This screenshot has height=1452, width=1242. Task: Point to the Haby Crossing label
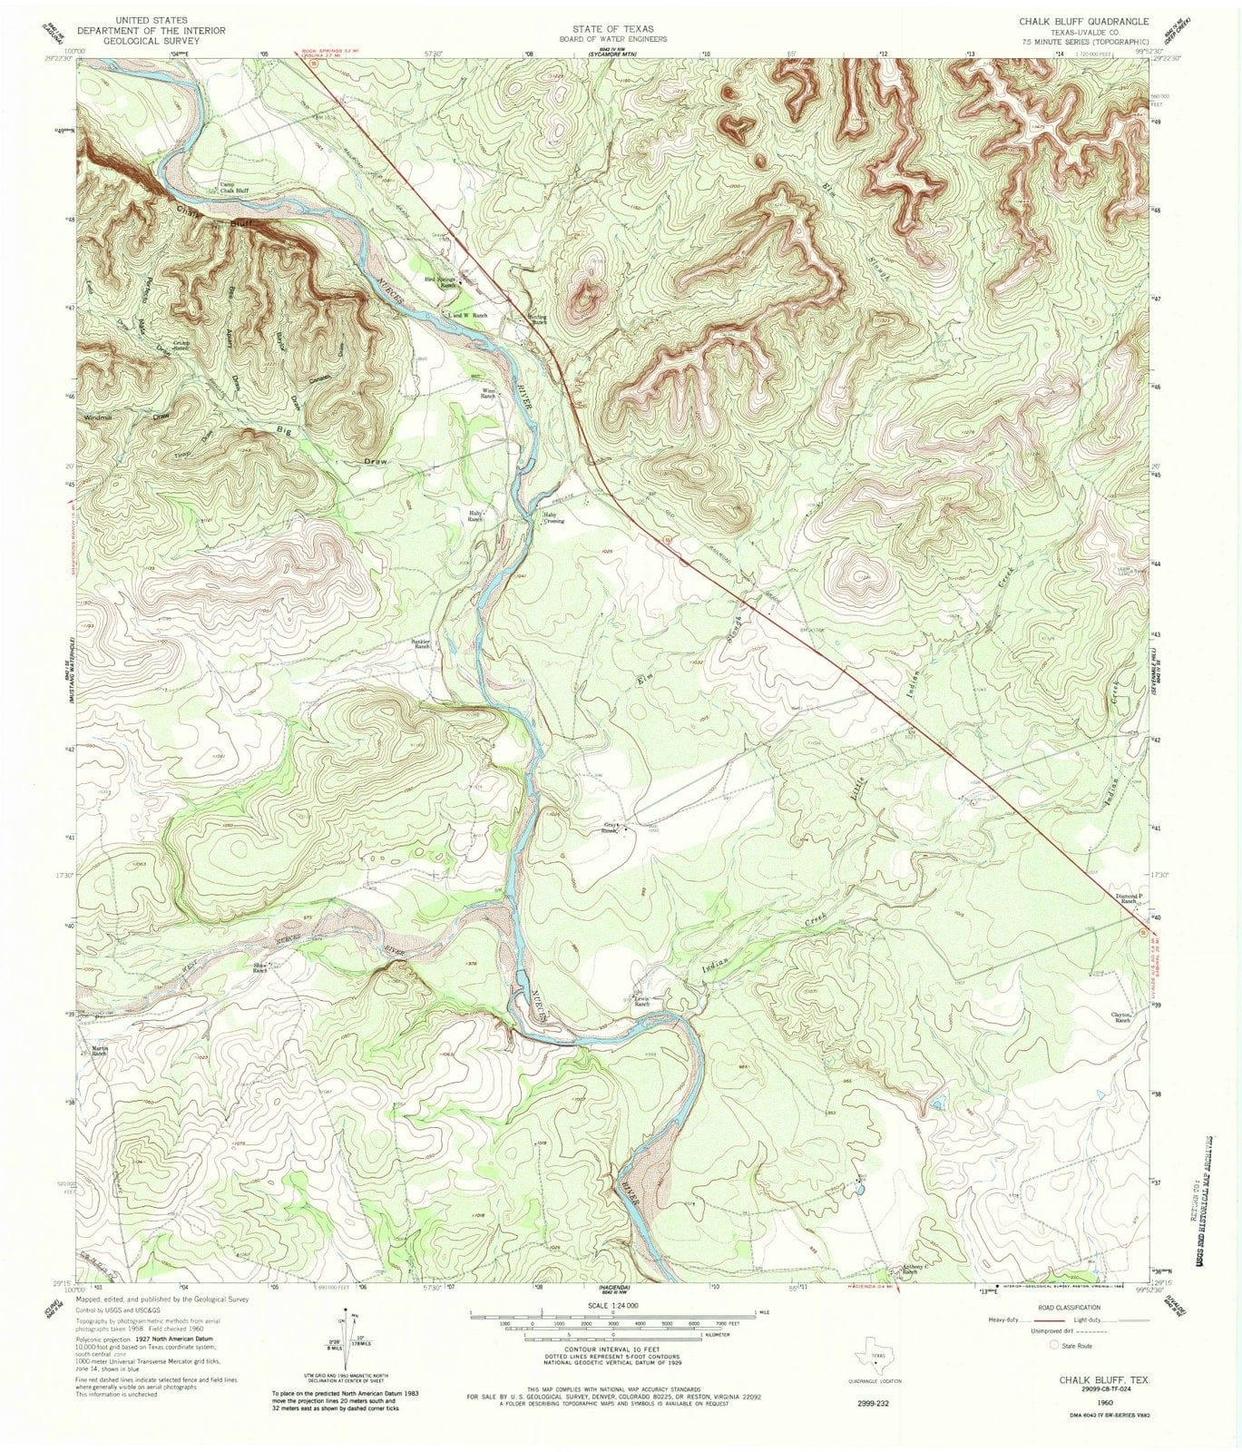click(x=553, y=518)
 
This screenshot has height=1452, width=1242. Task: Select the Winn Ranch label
click(x=488, y=395)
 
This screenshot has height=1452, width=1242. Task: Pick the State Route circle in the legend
click(x=1055, y=1345)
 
